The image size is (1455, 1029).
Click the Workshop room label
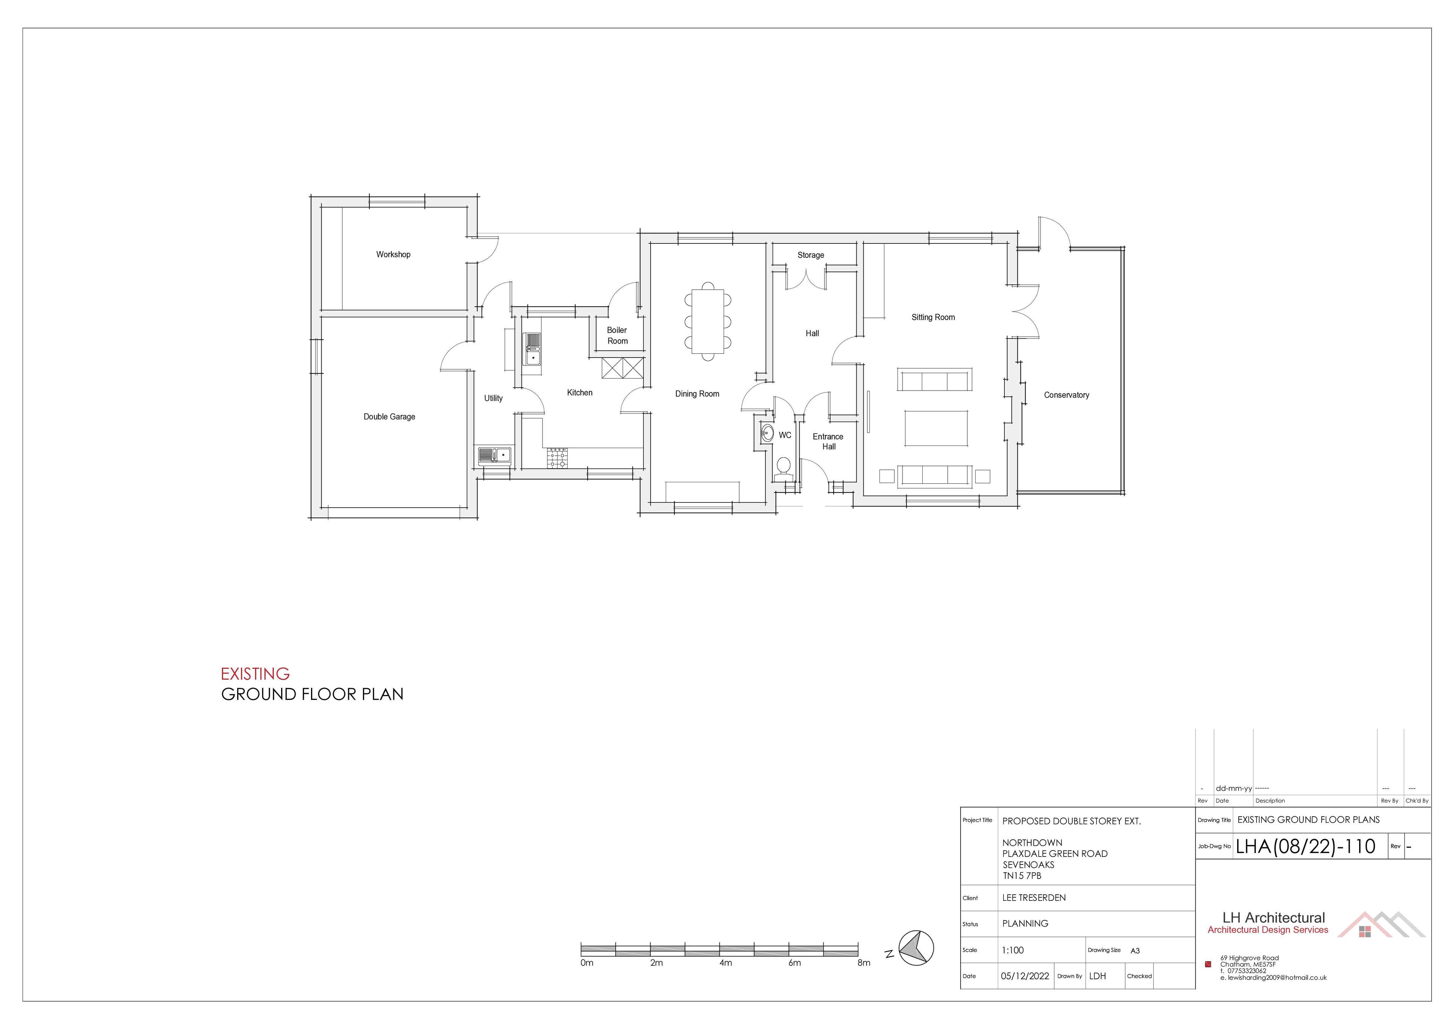click(x=393, y=254)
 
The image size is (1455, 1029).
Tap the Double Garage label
click(x=389, y=417)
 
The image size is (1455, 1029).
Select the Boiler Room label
click(x=617, y=336)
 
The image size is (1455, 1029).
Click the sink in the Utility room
click(x=495, y=456)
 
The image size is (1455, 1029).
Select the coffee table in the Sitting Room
click(x=936, y=428)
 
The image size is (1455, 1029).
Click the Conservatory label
click(x=1067, y=395)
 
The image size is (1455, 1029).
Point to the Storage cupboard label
click(x=810, y=255)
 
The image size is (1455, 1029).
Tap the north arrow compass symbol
click(x=916, y=948)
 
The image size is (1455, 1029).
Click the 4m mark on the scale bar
click(x=726, y=962)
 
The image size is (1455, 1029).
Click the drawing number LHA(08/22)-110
click(x=1305, y=846)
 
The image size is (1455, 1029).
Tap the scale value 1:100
click(x=1013, y=951)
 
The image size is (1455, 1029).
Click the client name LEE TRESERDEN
click(x=1034, y=898)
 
